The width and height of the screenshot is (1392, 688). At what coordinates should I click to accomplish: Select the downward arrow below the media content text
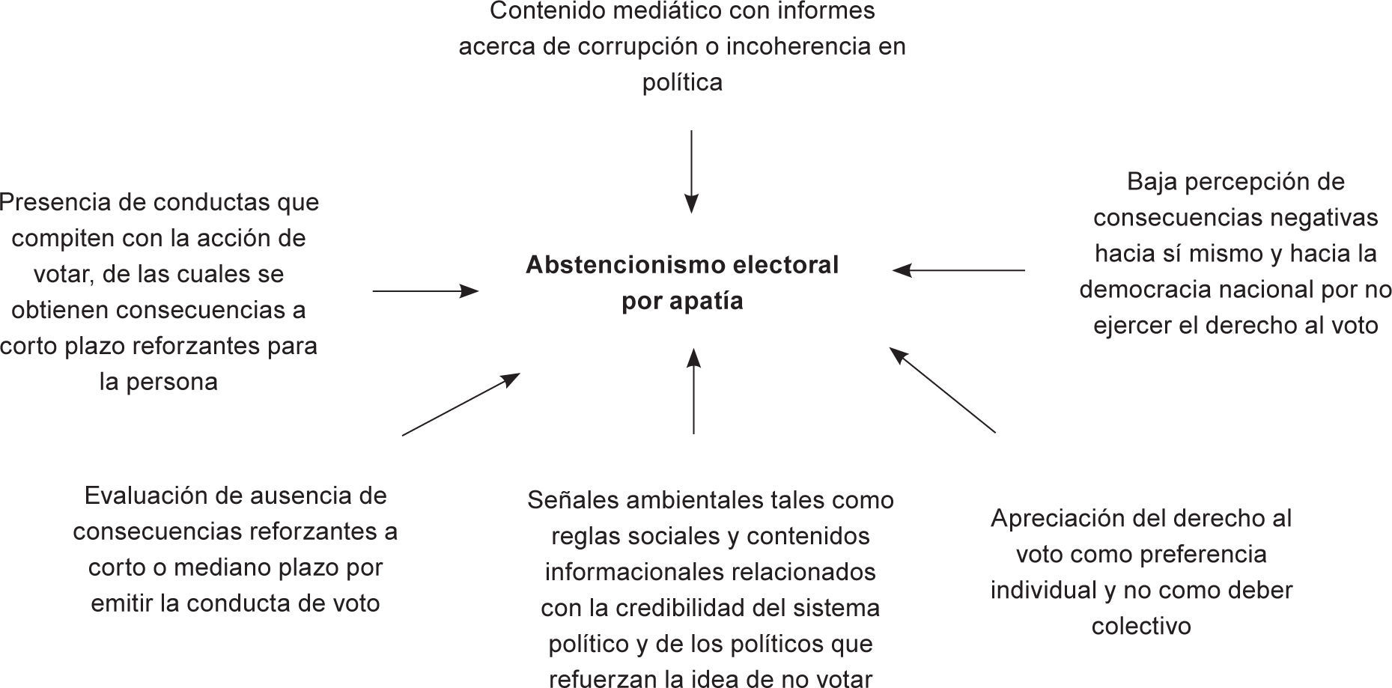pyautogui.click(x=691, y=172)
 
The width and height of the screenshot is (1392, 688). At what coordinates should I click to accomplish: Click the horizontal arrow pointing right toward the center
pyautogui.click(x=425, y=290)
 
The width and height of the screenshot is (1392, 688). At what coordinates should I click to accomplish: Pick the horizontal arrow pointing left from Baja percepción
pyautogui.click(x=958, y=270)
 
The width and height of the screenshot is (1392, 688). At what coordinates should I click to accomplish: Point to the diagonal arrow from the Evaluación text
pyautogui.click(x=461, y=404)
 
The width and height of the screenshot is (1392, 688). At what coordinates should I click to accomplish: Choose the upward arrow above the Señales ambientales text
pyautogui.click(x=693, y=391)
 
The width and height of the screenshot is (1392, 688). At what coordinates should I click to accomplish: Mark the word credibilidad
pyautogui.click(x=684, y=608)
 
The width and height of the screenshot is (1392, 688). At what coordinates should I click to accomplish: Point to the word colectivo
pyautogui.click(x=1141, y=627)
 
